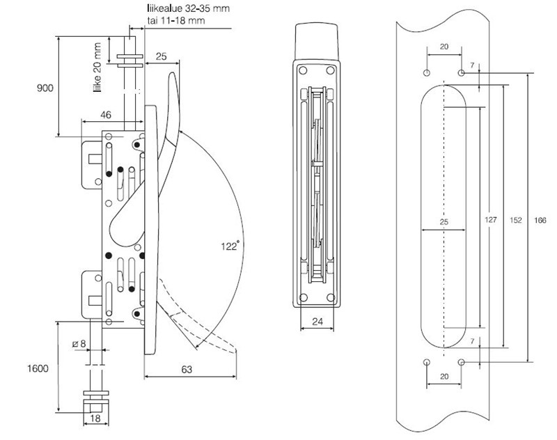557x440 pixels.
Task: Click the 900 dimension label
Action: click(x=45, y=88)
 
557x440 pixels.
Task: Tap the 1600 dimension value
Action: click(x=38, y=368)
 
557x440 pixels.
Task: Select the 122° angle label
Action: click(x=230, y=246)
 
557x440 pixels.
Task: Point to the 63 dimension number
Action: click(x=187, y=370)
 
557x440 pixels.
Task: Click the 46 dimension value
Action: click(x=106, y=115)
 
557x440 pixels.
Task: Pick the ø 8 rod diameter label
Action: click(x=79, y=343)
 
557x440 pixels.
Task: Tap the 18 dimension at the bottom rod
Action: click(x=95, y=418)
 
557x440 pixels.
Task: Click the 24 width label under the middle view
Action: click(x=317, y=322)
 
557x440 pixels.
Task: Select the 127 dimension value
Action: click(x=491, y=220)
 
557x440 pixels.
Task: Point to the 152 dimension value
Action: click(x=516, y=220)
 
